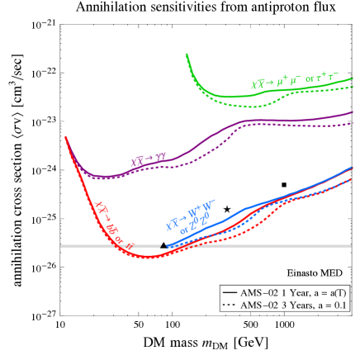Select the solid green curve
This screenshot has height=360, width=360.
click(239, 97)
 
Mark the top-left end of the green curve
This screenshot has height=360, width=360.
click(187, 54)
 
